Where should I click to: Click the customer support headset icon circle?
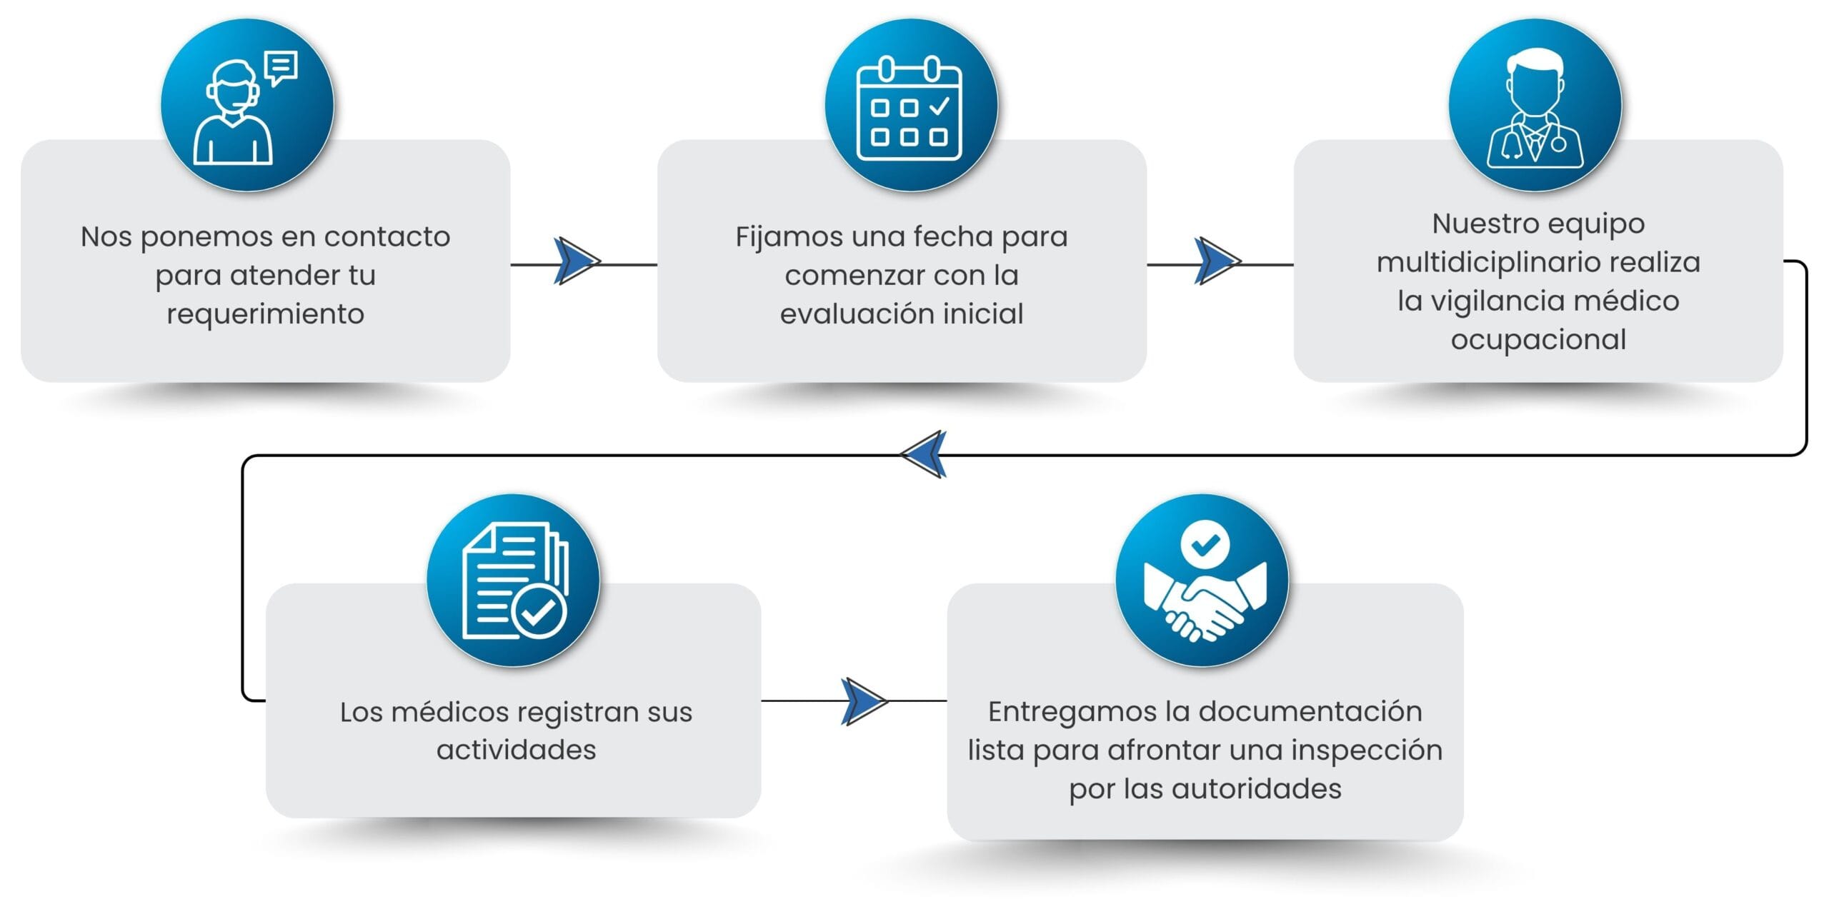pyautogui.click(x=247, y=105)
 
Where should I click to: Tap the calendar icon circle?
pyautogui.click(x=911, y=105)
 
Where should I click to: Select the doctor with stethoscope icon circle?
pyautogui.click(x=1535, y=105)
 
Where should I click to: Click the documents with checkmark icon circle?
pyautogui.click(x=513, y=581)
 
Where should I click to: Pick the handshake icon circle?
pyautogui.click(x=1202, y=581)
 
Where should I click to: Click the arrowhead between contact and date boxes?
pyautogui.click(x=576, y=261)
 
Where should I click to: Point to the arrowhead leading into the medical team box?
pyautogui.click(x=1217, y=261)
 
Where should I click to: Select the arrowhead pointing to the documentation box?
pyautogui.click(x=864, y=701)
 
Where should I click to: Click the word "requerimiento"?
pyautogui.click(x=265, y=314)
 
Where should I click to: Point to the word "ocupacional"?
pyautogui.click(x=1538, y=340)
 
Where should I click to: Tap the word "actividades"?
pyautogui.click(x=516, y=750)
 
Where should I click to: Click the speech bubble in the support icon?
pyautogui.click(x=281, y=67)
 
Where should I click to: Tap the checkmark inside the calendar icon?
pyautogui.click(x=939, y=107)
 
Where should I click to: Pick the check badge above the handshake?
pyautogui.click(x=1205, y=546)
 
